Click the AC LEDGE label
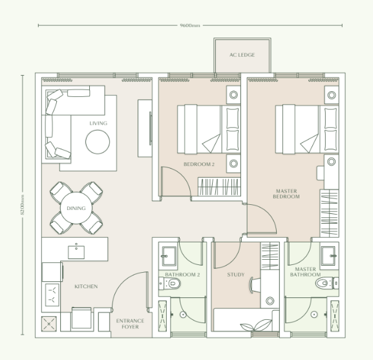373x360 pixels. tap(242, 56)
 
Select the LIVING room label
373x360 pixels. tap(98, 123)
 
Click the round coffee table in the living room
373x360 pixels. tap(98, 140)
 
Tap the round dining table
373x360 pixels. tap(76, 207)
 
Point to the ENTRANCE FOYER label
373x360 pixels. tap(130, 323)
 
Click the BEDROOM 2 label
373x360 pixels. tap(198, 164)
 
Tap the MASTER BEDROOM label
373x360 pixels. tap(287, 194)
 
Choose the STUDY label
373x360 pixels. tap(235, 275)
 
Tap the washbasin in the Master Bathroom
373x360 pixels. tap(328, 252)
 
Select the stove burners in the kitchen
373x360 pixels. tap(50, 295)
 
